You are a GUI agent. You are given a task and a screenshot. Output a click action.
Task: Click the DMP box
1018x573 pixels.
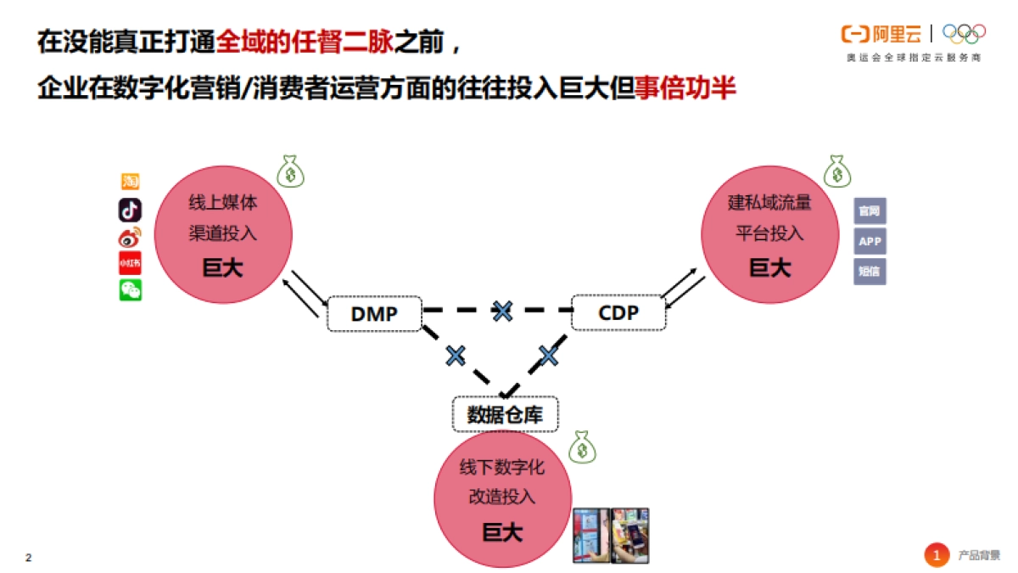[x=374, y=313]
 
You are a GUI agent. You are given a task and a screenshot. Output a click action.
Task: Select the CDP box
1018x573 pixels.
[x=618, y=312]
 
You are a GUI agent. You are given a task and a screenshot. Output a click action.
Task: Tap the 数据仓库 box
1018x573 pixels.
[x=506, y=414]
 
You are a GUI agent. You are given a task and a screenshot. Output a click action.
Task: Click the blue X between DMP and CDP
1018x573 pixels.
[x=503, y=311]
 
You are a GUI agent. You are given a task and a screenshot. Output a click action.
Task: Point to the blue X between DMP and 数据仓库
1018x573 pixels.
[x=456, y=355]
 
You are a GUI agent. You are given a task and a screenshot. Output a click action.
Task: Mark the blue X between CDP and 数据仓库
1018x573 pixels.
[x=549, y=355]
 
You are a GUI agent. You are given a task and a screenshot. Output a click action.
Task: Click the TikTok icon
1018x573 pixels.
[x=130, y=210]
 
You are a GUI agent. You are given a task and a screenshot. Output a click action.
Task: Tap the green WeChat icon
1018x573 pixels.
[x=130, y=290]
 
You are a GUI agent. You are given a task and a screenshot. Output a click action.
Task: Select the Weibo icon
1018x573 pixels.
[x=130, y=237]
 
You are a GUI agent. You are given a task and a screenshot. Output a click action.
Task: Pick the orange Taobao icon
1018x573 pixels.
[x=130, y=181]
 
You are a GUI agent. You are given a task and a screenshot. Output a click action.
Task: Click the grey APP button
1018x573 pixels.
[x=870, y=241]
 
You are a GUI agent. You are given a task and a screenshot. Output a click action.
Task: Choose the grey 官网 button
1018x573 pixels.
[x=870, y=211]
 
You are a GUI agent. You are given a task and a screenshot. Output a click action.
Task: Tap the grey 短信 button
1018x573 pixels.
[x=870, y=272]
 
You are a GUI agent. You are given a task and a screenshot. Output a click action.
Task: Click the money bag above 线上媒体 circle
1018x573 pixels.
[x=291, y=171]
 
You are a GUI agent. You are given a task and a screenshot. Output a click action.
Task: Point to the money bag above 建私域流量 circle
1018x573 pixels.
[x=837, y=171]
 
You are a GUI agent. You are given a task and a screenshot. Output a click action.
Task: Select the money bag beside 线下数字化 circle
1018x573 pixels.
[x=582, y=447]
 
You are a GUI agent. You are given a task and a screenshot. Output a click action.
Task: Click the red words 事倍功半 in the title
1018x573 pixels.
[x=685, y=89]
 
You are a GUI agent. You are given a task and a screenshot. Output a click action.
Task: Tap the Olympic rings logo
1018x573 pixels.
[x=964, y=34]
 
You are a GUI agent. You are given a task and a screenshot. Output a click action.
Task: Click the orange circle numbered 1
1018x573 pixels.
[x=937, y=555]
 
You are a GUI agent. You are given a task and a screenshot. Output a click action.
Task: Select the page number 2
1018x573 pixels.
[x=29, y=558]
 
